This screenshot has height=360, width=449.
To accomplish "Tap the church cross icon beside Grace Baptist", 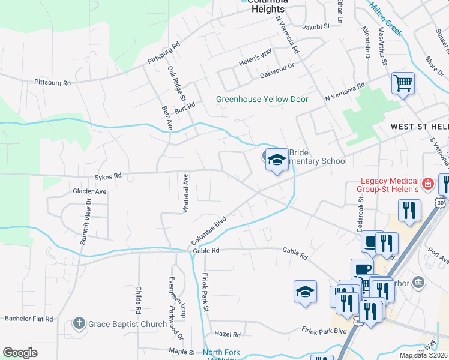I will (78, 324).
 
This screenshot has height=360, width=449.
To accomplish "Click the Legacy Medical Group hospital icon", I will (427, 183).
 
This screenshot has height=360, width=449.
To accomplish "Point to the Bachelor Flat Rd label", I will (29, 319).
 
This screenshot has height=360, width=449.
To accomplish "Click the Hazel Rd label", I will (228, 334).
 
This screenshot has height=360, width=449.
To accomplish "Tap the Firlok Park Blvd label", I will (325, 331).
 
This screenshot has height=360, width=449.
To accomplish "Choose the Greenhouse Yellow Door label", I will (262, 99).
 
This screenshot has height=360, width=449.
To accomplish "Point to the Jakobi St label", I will (316, 26).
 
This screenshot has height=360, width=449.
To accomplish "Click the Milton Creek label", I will (385, 18).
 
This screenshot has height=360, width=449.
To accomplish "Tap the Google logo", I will (20, 353).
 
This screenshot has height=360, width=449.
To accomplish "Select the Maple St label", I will (182, 352).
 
